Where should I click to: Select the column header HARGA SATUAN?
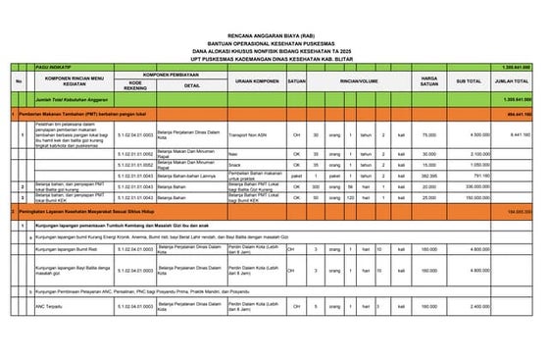428,78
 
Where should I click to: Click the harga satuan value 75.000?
428,133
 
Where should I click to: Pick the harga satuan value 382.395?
428,176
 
